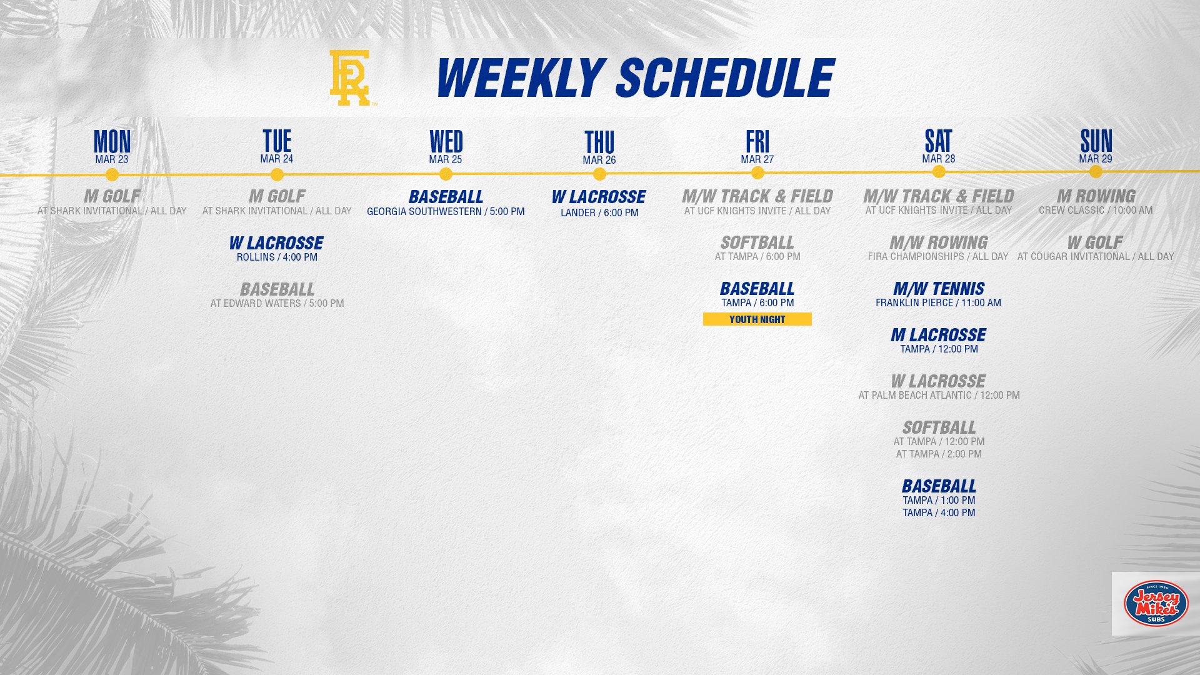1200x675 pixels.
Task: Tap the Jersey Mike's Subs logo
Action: [1156, 603]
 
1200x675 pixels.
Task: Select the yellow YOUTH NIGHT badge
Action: [757, 319]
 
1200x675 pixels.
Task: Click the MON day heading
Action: [112, 141]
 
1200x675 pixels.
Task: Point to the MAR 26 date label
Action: [599, 160]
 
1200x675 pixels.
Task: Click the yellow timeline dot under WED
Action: [446, 174]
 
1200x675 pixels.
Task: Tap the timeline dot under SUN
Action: [1096, 172]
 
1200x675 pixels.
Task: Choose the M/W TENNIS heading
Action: [939, 289]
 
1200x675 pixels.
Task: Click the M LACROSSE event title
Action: [939, 335]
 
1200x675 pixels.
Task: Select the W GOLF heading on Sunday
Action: [1095, 242]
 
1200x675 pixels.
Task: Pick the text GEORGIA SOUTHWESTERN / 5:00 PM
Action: [446, 212]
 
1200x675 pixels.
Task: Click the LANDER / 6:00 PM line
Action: [599, 212]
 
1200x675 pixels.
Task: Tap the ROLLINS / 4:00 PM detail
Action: [277, 257]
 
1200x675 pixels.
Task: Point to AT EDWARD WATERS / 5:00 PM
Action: [277, 303]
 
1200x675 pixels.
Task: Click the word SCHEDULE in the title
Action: [725, 78]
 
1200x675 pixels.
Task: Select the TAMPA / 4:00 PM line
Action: [939, 512]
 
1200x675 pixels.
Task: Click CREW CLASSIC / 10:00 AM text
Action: [1096, 210]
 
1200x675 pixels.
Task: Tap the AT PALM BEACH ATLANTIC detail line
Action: [939, 395]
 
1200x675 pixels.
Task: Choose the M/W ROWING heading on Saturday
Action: [939, 242]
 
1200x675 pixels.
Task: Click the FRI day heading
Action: [757, 141]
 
